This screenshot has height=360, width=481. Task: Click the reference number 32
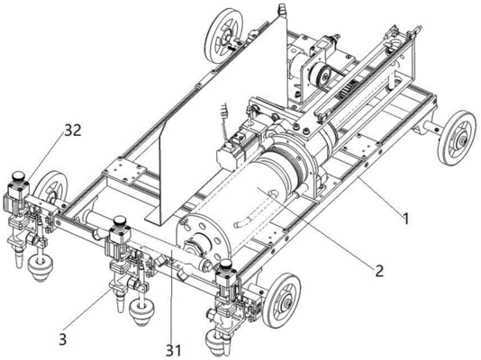coord(73,130)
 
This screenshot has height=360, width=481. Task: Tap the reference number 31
coord(174,350)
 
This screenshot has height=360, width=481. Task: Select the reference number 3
coord(62,339)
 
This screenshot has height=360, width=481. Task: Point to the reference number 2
coord(379,271)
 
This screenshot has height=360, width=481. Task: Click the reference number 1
coord(406,219)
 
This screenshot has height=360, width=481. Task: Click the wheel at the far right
coord(457,139)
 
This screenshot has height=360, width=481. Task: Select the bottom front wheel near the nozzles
coord(281,301)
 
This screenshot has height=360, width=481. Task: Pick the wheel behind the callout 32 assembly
coord(51,191)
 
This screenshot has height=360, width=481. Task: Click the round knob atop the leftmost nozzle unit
coord(19,176)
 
